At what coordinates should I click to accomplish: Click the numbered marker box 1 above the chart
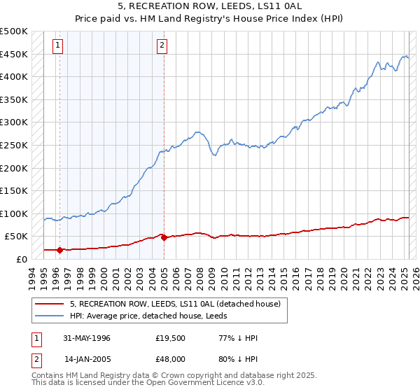57,46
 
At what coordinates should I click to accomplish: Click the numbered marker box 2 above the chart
162,46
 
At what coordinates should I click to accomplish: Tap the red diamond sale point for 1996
59,250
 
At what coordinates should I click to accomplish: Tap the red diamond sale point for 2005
164,237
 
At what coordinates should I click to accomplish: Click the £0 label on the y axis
21,259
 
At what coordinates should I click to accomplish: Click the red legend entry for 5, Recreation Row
175,304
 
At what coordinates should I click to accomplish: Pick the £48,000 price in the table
170,359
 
